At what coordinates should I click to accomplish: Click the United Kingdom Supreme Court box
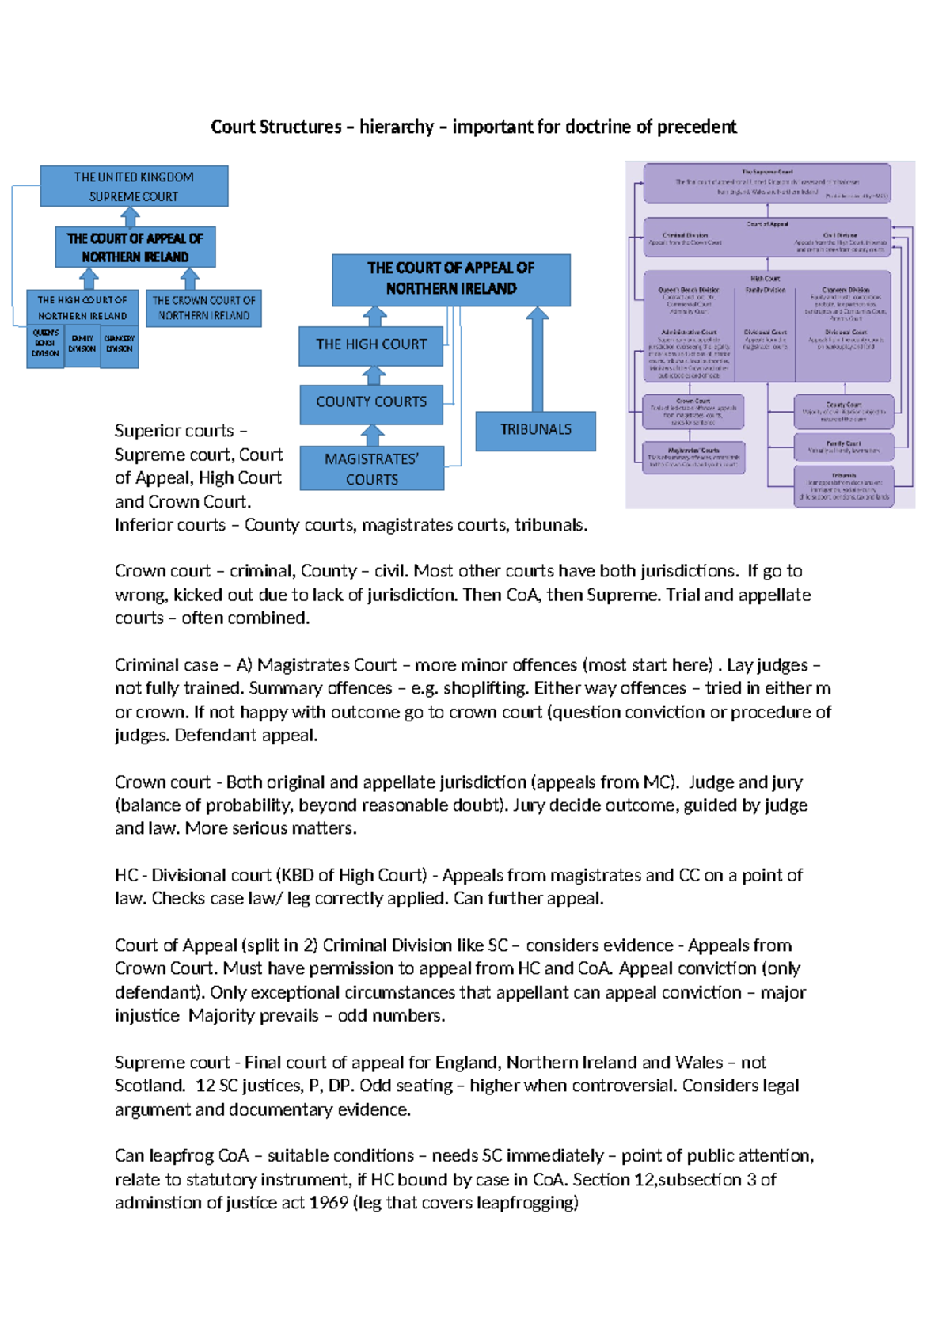(134, 186)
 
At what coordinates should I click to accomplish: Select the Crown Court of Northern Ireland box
(203, 308)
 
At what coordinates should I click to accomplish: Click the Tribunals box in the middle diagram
(535, 430)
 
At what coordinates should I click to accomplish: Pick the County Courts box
(370, 402)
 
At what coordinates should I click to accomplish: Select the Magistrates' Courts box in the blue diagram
(371, 469)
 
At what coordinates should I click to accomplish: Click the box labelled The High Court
(370, 345)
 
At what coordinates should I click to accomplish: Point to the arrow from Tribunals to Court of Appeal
(538, 361)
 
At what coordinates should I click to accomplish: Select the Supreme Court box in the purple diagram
(766, 184)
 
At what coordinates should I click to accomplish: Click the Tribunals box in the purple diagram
(844, 485)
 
